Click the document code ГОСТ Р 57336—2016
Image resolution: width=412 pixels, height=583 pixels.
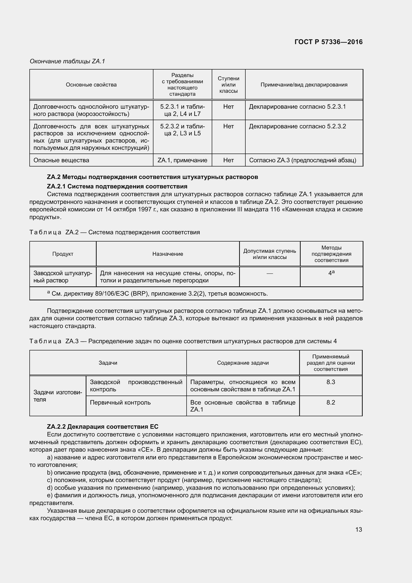(328, 42)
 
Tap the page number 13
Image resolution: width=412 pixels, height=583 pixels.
(358, 529)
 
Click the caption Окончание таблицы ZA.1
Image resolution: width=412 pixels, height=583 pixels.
(67, 61)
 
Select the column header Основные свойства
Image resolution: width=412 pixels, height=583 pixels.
(91, 84)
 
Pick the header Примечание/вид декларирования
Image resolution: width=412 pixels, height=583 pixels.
(304, 84)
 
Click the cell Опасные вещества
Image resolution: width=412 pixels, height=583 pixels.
(61, 160)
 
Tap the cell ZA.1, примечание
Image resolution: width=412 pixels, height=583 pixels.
(182, 160)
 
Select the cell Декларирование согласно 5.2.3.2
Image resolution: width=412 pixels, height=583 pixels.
(297, 126)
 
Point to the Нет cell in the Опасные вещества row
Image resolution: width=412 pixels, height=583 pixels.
(228, 160)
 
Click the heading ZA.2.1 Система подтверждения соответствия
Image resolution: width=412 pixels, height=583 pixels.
(117, 186)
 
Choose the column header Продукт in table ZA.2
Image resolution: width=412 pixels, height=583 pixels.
(63, 254)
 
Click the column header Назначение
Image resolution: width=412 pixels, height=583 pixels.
(167, 254)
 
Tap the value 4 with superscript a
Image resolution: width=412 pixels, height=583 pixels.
(331, 273)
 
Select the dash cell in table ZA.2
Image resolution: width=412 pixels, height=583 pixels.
(270, 273)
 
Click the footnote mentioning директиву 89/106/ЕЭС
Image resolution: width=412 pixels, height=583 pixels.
(157, 294)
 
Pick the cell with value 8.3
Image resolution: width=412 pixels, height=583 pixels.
(331, 382)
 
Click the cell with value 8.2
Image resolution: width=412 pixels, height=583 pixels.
(331, 403)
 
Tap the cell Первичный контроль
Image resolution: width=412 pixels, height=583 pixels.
(120, 403)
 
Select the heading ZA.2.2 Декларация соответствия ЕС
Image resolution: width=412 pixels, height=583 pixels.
(102, 426)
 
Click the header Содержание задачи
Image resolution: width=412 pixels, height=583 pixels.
(243, 363)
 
